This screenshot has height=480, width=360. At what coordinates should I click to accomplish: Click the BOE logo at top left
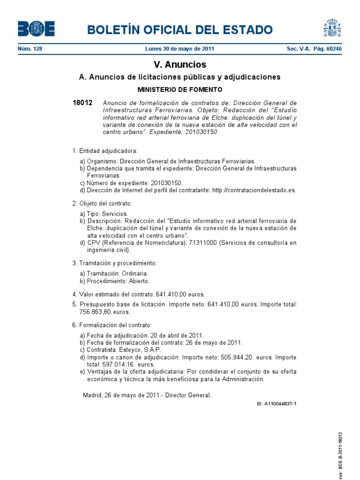36,29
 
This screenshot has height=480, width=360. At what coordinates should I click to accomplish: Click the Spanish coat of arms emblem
332,28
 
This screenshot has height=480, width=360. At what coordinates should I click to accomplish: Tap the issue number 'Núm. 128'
30,49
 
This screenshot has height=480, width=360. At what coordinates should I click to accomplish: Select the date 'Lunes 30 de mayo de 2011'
180,49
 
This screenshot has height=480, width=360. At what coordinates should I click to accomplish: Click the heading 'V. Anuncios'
180,65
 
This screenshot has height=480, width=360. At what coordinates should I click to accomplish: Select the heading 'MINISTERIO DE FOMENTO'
180,90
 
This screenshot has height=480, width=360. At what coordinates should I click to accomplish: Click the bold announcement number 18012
82,103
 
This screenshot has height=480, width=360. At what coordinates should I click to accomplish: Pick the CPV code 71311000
202,243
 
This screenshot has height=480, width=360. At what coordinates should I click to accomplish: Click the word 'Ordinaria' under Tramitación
135,273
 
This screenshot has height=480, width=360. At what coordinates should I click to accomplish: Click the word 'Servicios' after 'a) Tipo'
114,213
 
